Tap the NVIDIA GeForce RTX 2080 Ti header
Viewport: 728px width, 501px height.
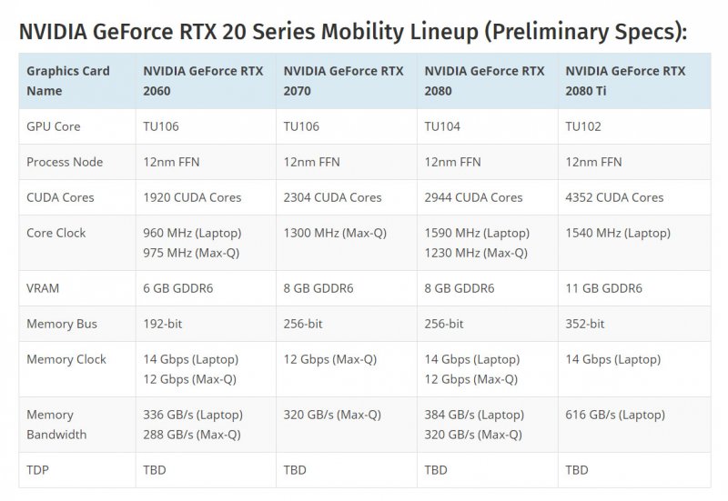625,81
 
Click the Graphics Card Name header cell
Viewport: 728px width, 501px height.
68,81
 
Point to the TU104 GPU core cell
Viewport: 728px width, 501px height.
442,126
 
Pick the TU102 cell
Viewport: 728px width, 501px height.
583,126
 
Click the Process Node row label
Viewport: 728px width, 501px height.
65,162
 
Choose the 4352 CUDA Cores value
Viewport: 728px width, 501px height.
614,197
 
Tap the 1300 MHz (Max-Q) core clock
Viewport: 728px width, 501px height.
335,233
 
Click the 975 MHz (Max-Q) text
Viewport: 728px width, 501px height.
191,253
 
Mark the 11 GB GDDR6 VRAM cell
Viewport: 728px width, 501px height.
603,288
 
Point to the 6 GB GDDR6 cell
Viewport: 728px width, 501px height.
178,288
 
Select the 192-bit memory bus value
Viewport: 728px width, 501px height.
163,324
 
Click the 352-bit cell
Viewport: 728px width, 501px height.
585,324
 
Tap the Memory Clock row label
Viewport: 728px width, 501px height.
66,359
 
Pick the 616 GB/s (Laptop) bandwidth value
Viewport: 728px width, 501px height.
615,415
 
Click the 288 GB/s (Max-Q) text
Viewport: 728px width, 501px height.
192,435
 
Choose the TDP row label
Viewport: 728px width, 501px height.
39,470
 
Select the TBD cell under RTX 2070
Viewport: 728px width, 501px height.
295,470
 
